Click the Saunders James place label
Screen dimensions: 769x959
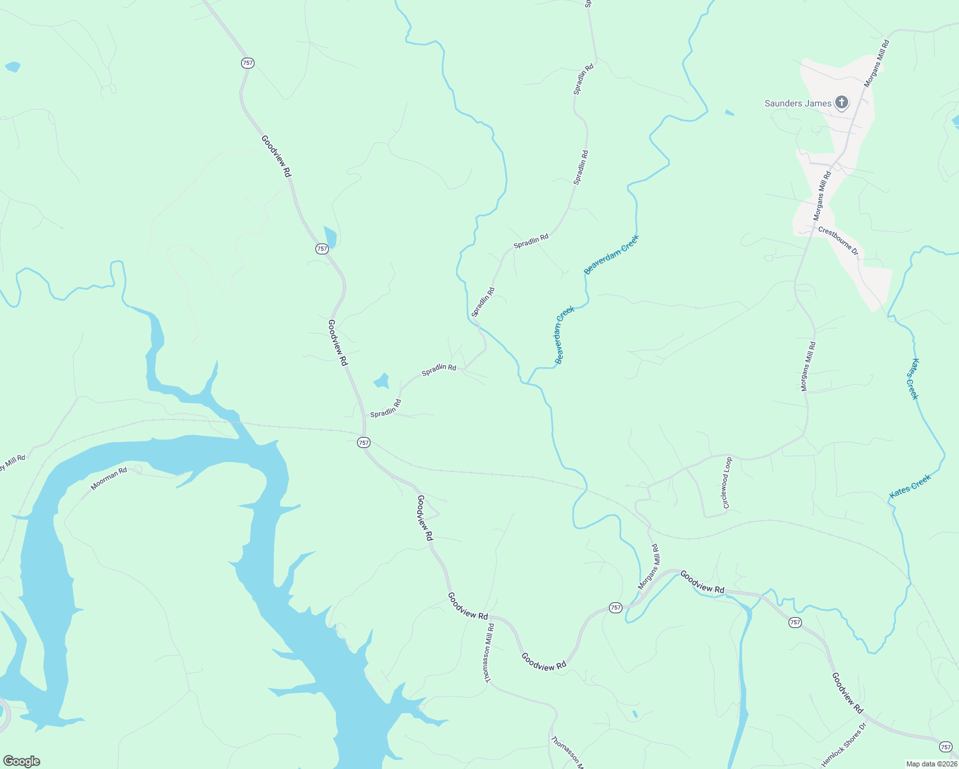(x=797, y=103)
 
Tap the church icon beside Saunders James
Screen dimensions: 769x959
(x=842, y=103)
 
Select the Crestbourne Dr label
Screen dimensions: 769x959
(x=838, y=241)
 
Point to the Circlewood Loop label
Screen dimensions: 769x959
(x=726, y=483)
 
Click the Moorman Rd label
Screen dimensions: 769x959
(x=109, y=479)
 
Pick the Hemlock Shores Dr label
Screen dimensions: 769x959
(x=844, y=745)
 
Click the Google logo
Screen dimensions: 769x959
(x=21, y=761)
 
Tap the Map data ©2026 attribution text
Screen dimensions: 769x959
(x=931, y=764)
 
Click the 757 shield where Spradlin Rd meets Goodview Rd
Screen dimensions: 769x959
(x=363, y=443)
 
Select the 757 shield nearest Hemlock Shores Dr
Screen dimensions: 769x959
(x=946, y=747)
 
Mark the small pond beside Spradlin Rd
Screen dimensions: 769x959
(x=381, y=381)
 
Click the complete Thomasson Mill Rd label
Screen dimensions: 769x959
(x=489, y=653)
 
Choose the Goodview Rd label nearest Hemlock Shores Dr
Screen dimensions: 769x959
(x=847, y=693)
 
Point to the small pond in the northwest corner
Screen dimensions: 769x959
(x=12, y=67)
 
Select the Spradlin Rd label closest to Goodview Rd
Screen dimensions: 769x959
(x=385, y=409)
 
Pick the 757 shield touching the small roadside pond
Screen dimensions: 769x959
(x=322, y=249)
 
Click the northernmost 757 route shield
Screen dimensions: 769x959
(x=247, y=63)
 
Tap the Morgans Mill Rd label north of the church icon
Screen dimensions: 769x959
(x=876, y=63)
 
